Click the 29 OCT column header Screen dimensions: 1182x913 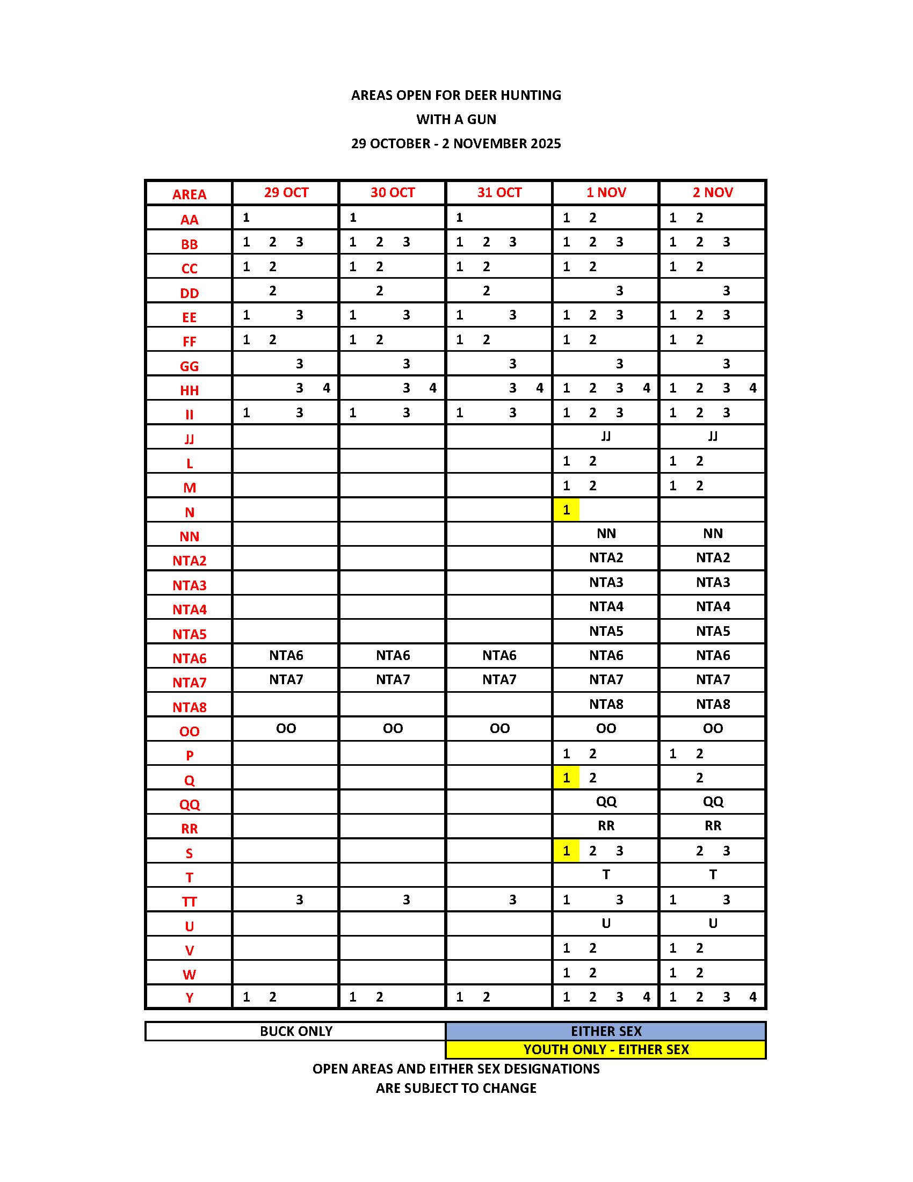click(x=286, y=193)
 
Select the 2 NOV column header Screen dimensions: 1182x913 click(x=712, y=193)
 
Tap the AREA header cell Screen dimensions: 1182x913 click(x=189, y=194)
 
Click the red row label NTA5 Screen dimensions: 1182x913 click(x=189, y=634)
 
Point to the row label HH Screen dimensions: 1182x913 click(x=189, y=390)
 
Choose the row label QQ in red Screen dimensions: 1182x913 click(x=189, y=804)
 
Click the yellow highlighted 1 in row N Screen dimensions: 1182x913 click(x=566, y=510)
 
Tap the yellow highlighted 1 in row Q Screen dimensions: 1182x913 click(x=566, y=778)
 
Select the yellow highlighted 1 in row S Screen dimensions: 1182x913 click(x=566, y=851)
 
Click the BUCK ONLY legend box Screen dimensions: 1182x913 click(x=295, y=1031)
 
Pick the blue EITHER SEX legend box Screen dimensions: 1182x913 click(x=606, y=1031)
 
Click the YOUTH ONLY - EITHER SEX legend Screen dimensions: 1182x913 click(x=606, y=1049)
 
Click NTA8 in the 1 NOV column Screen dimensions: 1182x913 click(x=606, y=704)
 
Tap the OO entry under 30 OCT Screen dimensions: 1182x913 click(x=393, y=728)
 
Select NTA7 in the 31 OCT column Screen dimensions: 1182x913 click(x=499, y=679)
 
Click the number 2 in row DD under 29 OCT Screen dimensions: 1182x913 click(x=273, y=291)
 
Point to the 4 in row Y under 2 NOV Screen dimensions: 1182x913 click(x=752, y=997)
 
